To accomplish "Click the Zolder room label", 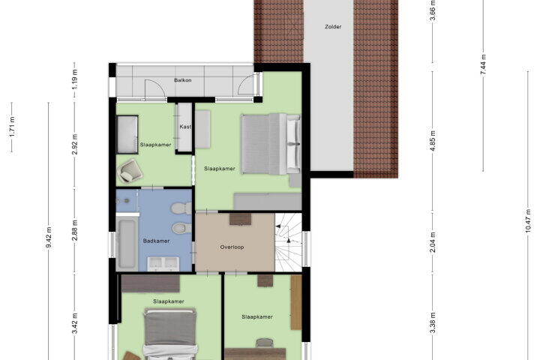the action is [333, 26].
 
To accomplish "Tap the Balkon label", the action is [182, 80].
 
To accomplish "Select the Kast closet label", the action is [185, 127].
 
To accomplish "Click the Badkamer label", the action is [156, 241].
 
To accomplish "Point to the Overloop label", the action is [232, 247].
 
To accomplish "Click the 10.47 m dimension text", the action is [528, 221].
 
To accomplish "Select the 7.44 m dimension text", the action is [483, 64].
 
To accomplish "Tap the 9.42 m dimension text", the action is [49, 237].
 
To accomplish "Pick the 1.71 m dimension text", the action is [12, 127].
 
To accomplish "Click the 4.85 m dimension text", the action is [433, 140].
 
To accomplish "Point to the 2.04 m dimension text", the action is [433, 242].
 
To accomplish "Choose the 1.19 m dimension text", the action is [75, 79].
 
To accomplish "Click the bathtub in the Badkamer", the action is [127, 243].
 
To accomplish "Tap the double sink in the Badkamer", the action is [163, 264].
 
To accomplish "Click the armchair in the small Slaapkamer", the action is [130, 170].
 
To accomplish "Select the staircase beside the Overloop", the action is [288, 241].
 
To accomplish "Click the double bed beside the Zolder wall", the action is [271, 144].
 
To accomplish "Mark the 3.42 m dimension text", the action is [75, 323].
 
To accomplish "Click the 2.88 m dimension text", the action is [75, 230].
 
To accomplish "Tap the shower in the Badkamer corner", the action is [127, 201].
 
